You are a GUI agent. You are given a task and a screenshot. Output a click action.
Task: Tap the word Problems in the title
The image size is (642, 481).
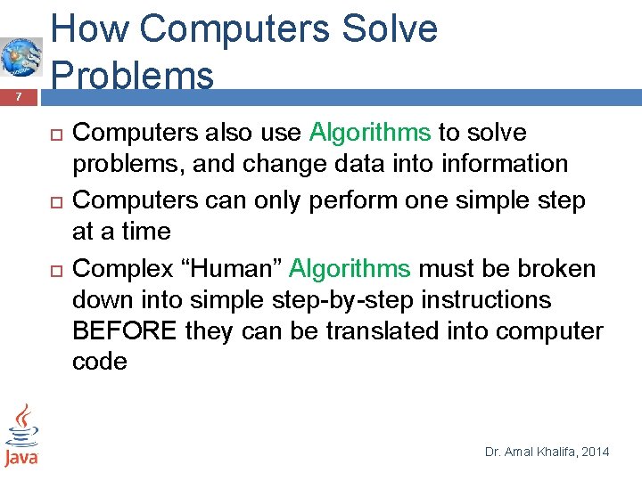click(133, 75)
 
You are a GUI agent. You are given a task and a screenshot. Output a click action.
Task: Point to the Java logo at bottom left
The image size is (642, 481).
click(21, 436)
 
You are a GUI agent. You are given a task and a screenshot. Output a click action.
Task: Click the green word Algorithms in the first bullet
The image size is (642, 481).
click(370, 133)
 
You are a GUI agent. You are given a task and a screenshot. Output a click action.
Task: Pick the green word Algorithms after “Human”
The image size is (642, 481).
click(350, 268)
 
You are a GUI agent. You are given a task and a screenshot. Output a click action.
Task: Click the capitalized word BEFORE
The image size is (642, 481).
click(126, 331)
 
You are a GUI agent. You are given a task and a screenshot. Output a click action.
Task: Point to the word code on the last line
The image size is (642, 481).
click(99, 362)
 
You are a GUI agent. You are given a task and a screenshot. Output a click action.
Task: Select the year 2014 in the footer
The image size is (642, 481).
click(594, 452)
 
